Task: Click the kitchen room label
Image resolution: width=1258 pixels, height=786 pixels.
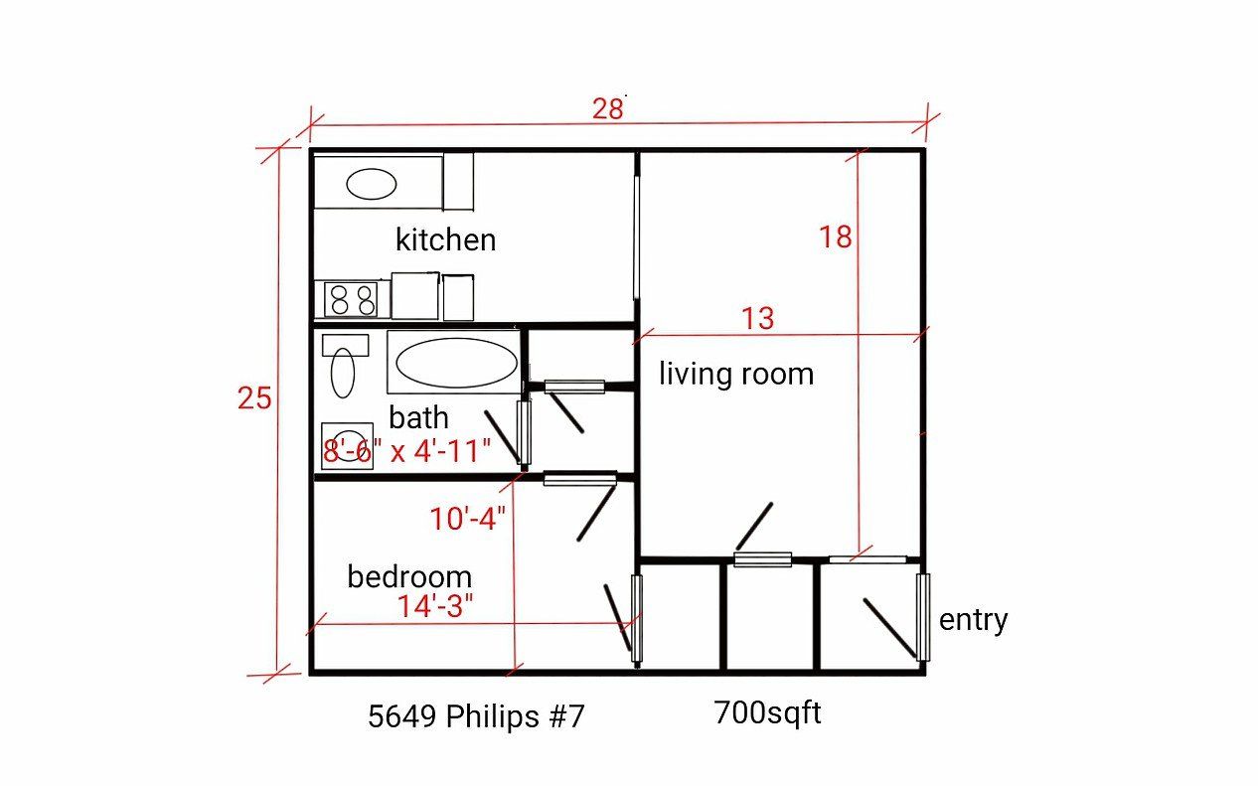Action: pos(445,239)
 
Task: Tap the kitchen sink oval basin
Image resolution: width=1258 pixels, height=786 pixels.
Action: pos(371,184)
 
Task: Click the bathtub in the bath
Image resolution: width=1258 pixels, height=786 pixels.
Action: pos(456,363)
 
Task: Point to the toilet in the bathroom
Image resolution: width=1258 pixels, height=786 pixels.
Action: pos(343,369)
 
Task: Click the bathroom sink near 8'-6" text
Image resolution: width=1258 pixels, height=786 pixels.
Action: pos(346,445)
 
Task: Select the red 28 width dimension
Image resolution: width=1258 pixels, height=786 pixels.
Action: pos(607,108)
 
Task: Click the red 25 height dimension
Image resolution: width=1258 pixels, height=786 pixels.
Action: pos(254,398)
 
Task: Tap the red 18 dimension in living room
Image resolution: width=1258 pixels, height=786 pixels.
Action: pos(836,237)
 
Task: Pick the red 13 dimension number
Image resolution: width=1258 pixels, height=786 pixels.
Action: pos(757,319)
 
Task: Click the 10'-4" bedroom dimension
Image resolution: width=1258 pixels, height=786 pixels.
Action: pos(468,519)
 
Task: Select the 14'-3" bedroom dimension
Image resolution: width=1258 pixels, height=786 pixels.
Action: pos(435,605)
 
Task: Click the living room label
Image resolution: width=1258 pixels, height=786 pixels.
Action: pos(736,375)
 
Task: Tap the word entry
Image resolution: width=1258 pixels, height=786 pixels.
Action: pos(973,620)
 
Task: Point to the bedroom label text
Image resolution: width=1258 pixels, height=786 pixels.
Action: pos(408,576)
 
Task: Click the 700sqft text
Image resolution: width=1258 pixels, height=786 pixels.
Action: pos(767,712)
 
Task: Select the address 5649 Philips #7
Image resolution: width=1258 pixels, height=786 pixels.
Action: pos(476,716)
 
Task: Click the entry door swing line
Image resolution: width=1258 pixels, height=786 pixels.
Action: pos(889,627)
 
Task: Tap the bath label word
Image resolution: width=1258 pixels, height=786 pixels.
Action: pos(418,417)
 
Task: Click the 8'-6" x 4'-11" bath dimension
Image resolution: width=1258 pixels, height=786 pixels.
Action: pos(407,451)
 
